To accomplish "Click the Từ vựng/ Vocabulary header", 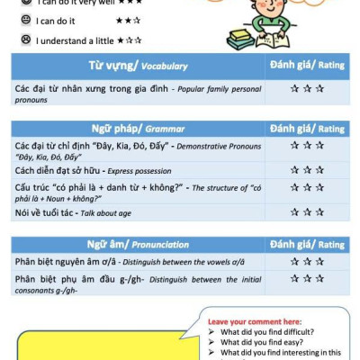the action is pos(138,66).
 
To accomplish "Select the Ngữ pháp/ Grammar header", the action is pos(138,128).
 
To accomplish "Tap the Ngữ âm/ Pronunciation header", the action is pos(138,244).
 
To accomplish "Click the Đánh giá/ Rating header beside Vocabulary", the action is pos(306,66).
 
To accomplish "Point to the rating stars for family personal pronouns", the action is pos(306,89).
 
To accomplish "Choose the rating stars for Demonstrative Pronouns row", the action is pos(306,146).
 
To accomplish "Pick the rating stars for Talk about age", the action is pos(306,212).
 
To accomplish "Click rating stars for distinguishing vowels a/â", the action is pos(306,262).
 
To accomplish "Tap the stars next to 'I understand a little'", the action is pos(130,40).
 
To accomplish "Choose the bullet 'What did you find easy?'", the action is pos(260,342).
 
